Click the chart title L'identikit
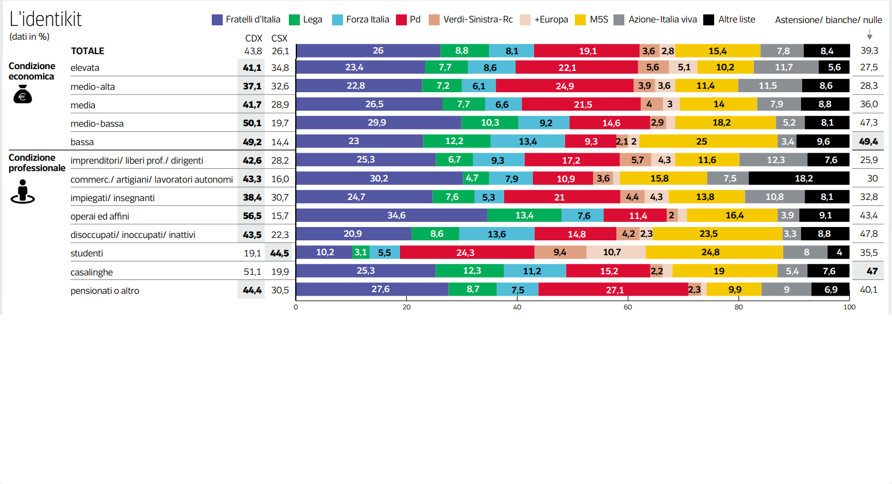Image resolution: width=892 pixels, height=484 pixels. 45,19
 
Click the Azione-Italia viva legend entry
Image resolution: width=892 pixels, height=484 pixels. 655,20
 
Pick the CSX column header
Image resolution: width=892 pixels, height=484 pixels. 279,38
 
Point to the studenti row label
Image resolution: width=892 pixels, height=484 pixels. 87,254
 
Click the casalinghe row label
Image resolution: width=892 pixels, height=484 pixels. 92,272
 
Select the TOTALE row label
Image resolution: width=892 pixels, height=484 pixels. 87,51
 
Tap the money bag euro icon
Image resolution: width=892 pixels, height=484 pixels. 22,94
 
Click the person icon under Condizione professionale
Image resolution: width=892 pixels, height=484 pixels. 22,191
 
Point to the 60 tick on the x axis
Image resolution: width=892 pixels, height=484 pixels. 628,307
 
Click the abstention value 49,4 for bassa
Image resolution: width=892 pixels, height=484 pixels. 868,142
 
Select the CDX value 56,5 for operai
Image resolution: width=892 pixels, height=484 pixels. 252,216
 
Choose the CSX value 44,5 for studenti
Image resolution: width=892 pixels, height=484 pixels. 280,253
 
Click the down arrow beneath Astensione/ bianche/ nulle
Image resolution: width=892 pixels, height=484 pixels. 870,35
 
